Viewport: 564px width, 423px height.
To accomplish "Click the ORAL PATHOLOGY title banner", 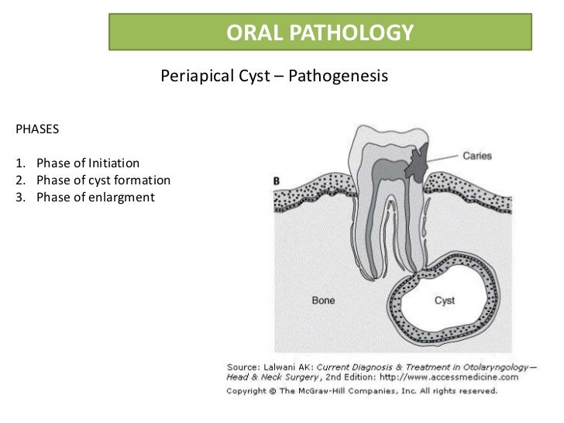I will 320,32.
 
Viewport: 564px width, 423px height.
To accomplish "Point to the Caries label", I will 478,156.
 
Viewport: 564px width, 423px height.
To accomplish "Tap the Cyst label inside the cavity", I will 445,299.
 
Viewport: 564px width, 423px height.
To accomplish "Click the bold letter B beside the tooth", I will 277,181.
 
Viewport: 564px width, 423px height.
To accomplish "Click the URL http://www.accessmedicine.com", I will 452,377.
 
